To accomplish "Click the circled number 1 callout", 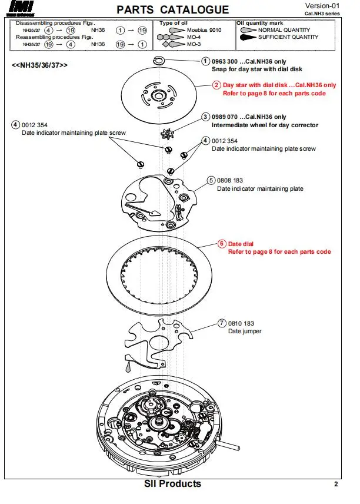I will pyautogui.click(x=205, y=61).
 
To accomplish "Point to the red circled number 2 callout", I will pyautogui.click(x=216, y=85).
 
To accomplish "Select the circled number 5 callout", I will pyautogui.click(x=211, y=180).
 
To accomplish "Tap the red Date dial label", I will pyautogui.click(x=241, y=244).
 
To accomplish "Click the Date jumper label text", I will pyautogui.click(x=245, y=331).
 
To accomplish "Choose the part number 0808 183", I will pyautogui.click(x=230, y=180).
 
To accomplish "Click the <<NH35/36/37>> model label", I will pyautogui.click(x=39, y=65).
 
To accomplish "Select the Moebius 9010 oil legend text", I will pyautogui.click(x=204, y=30).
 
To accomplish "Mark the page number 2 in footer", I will pyautogui.click(x=336, y=485).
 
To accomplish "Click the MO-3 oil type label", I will pyautogui.click(x=195, y=44).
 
